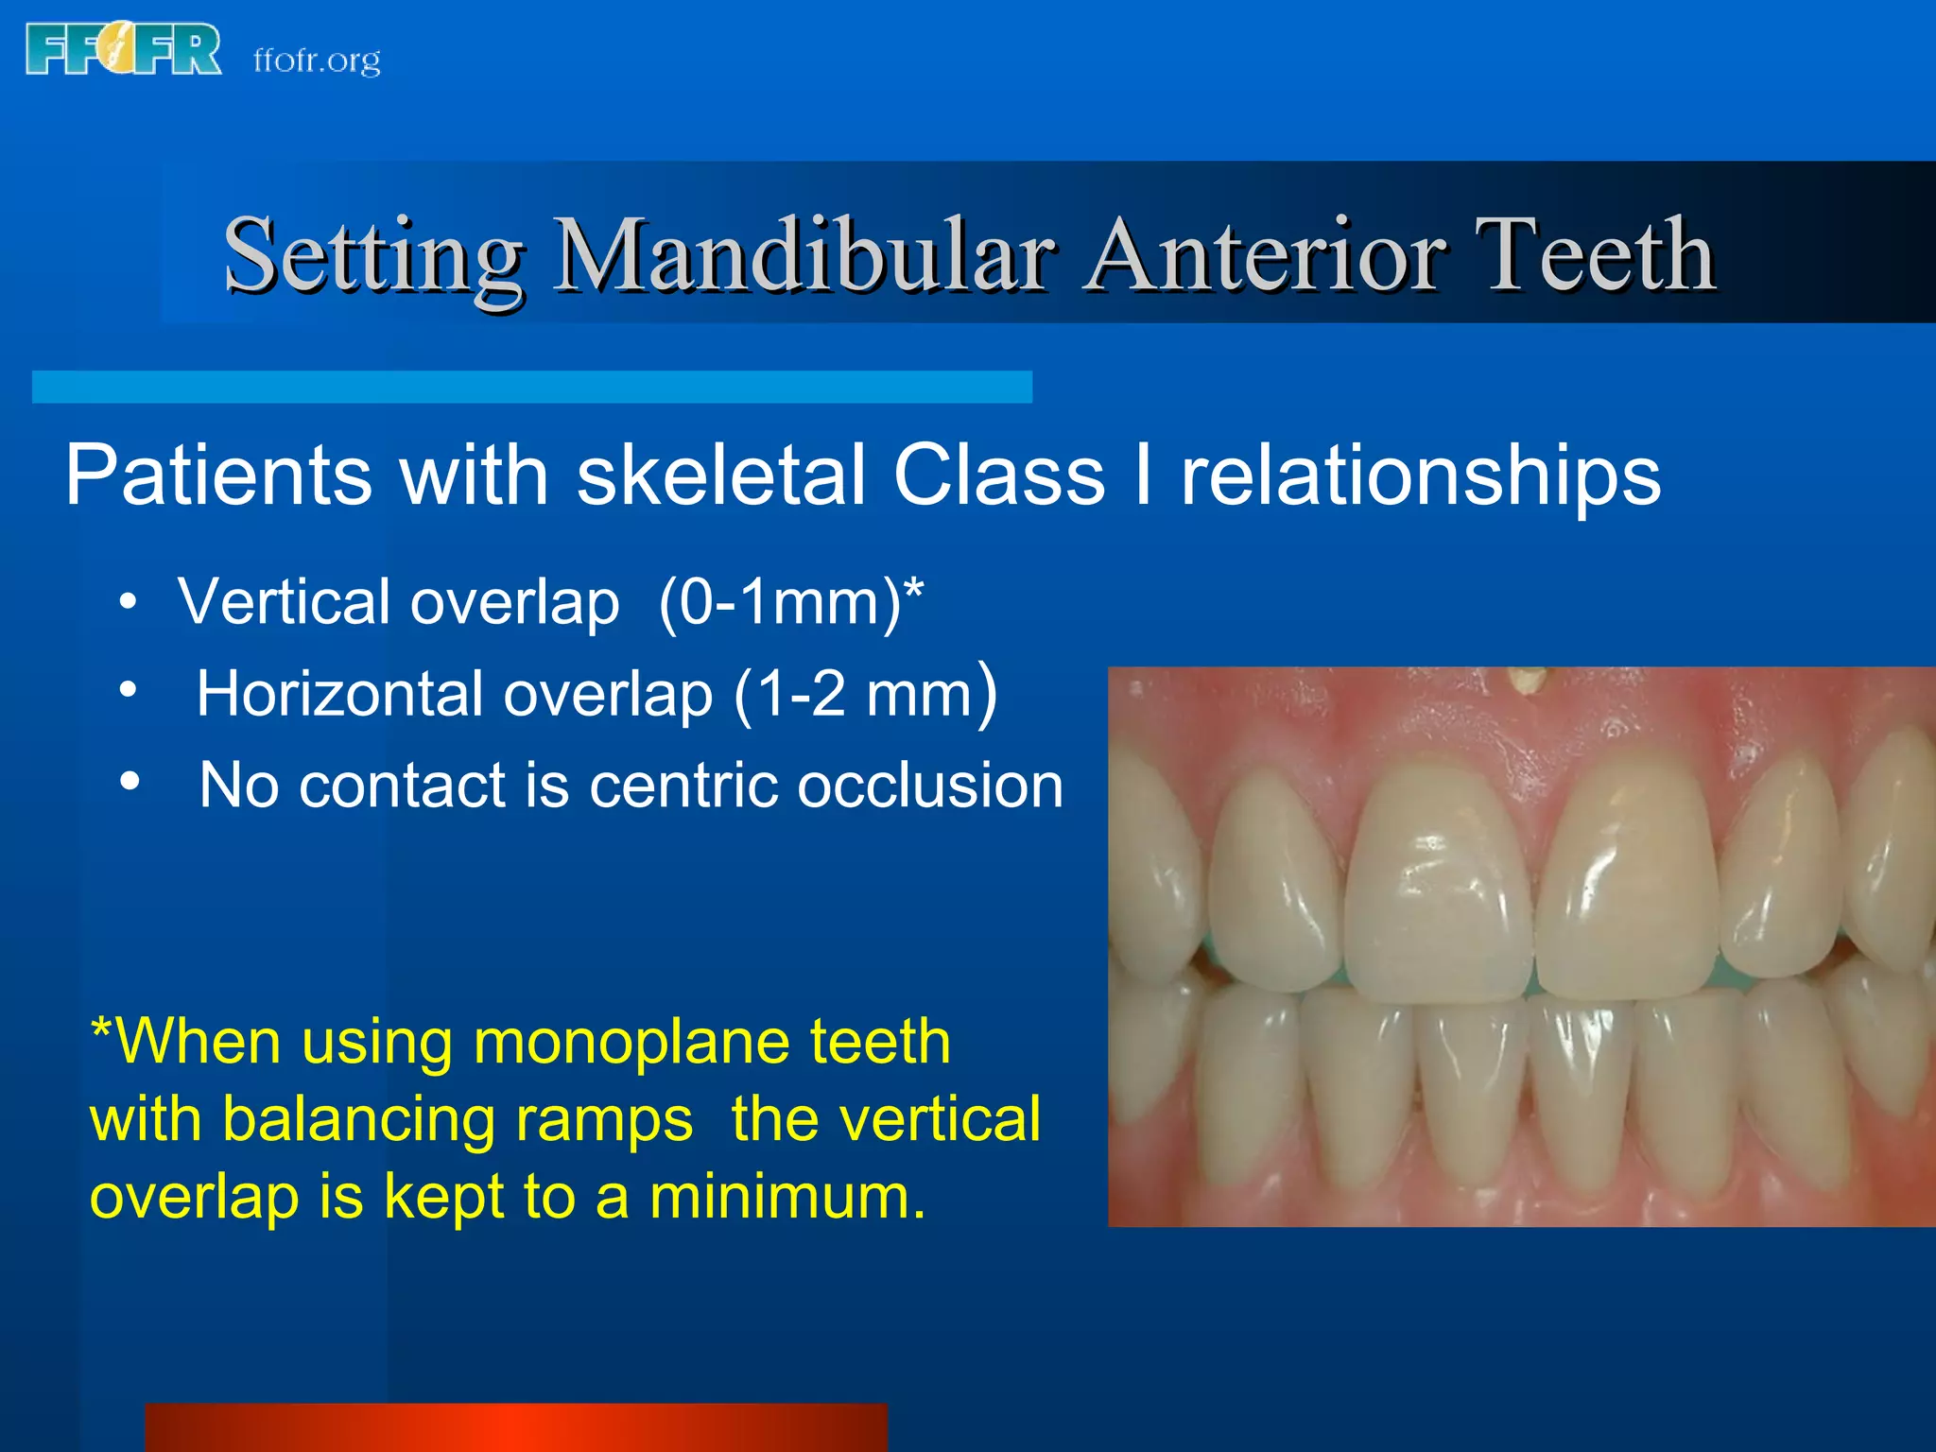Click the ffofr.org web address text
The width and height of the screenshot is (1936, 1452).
coord(317,60)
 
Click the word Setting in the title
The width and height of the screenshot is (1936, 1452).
coord(373,255)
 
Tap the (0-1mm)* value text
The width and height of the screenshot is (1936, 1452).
coord(790,602)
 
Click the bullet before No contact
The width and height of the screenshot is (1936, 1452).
coord(130,782)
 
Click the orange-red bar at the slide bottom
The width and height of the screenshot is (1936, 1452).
coord(515,1427)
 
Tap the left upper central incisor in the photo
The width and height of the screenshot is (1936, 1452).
coord(1437,879)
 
